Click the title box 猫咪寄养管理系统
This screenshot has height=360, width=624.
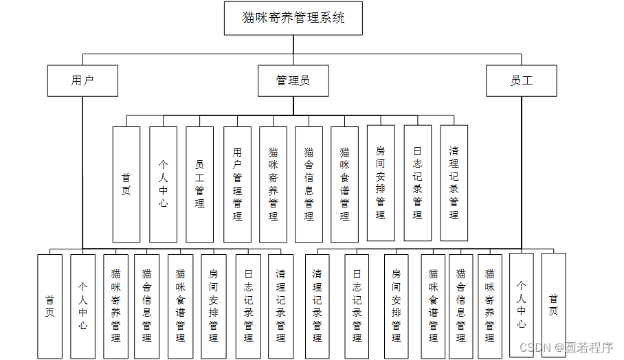293,19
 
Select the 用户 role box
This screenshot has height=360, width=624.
82,80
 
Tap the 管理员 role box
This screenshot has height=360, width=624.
293,80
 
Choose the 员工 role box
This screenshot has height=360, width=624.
522,80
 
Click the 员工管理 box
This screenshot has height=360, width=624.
200,184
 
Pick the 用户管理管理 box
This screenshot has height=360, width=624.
237,184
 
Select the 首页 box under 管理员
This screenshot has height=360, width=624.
126,184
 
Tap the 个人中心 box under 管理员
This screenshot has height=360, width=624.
163,184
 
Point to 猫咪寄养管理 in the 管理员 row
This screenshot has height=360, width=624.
274,184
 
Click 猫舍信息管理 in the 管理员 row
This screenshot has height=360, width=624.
309,184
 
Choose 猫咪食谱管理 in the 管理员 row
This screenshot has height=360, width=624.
344,184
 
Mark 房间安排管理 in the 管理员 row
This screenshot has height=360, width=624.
381,183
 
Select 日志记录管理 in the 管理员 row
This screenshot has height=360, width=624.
418,183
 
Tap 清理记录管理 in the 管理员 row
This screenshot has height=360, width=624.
454,183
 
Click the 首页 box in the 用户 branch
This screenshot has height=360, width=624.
49,306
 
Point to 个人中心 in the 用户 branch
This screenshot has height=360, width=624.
82,306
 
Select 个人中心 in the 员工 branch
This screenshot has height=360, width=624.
522,305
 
